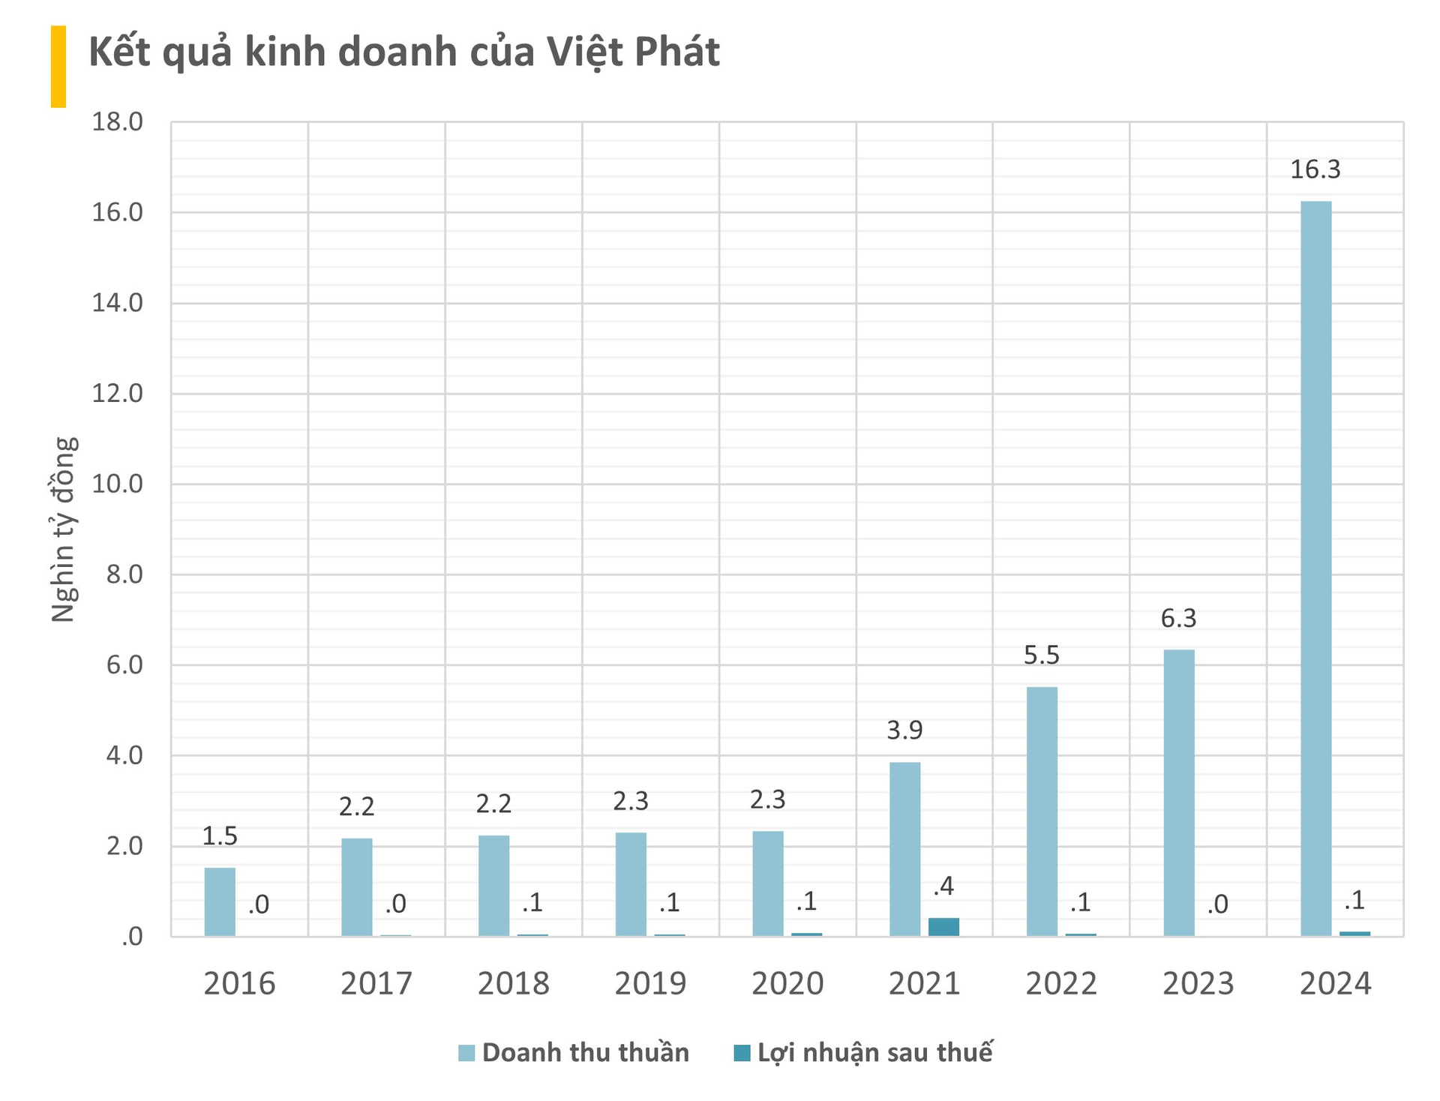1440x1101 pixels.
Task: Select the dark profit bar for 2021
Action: pyautogui.click(x=943, y=926)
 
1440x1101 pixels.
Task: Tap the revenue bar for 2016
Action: pyautogui.click(x=220, y=901)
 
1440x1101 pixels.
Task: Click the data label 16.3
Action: pyautogui.click(x=1315, y=169)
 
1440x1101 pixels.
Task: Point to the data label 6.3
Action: pyautogui.click(x=1178, y=619)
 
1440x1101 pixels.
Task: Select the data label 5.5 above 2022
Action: pyautogui.click(x=1042, y=655)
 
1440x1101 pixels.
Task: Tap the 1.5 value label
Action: pyautogui.click(x=220, y=836)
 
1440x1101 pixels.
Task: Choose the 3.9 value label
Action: pyautogui.click(x=904, y=730)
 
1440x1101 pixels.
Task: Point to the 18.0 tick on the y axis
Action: pyautogui.click(x=117, y=121)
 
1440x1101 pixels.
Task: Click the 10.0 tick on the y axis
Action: pyautogui.click(x=117, y=484)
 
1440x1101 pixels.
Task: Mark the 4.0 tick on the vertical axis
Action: pyautogui.click(x=124, y=755)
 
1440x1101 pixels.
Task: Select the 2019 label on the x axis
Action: pyautogui.click(x=650, y=984)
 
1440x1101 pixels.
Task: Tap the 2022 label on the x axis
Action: pyautogui.click(x=1060, y=984)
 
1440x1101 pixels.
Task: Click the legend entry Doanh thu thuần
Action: pyautogui.click(x=585, y=1052)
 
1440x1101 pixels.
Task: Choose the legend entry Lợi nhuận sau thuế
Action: pyautogui.click(x=874, y=1052)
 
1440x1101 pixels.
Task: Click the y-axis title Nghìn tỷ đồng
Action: pyautogui.click(x=64, y=529)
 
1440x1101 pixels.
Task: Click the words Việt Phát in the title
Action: pyautogui.click(x=632, y=52)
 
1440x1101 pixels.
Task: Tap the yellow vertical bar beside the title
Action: pyautogui.click(x=58, y=66)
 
